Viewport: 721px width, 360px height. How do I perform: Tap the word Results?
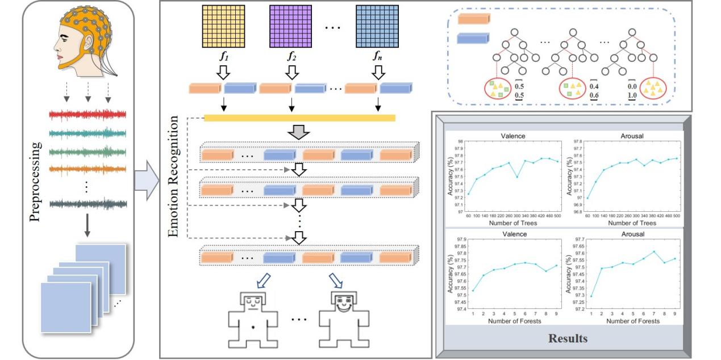pyautogui.click(x=568, y=339)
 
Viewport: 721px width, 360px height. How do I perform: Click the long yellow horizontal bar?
pyautogui.click(x=299, y=118)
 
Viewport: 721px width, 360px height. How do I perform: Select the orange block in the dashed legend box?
pyautogui.click(x=473, y=18)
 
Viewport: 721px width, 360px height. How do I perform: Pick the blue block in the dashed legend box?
pyautogui.click(x=473, y=39)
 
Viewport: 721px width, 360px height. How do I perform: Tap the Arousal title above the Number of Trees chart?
pyautogui.click(x=632, y=136)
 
